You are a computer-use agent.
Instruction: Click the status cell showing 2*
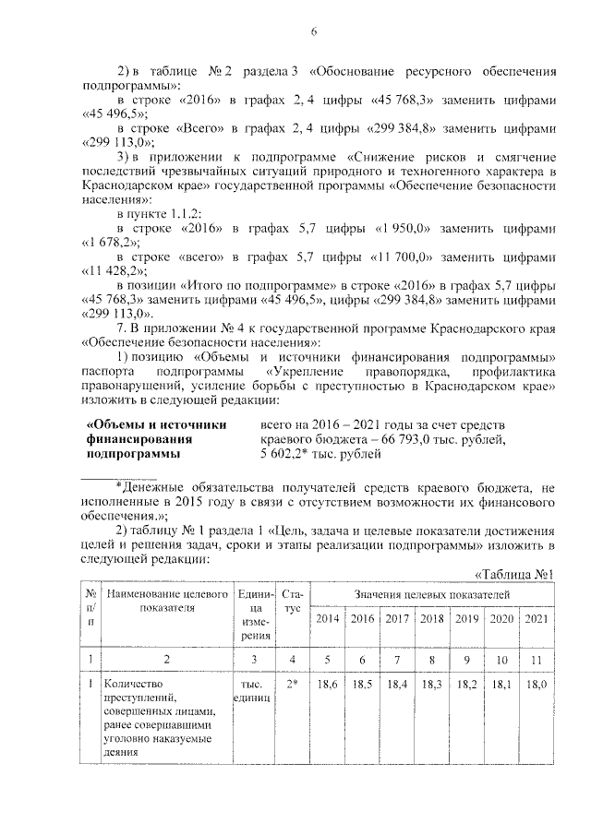coord(292,686)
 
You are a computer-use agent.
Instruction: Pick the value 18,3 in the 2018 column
coord(432,686)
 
